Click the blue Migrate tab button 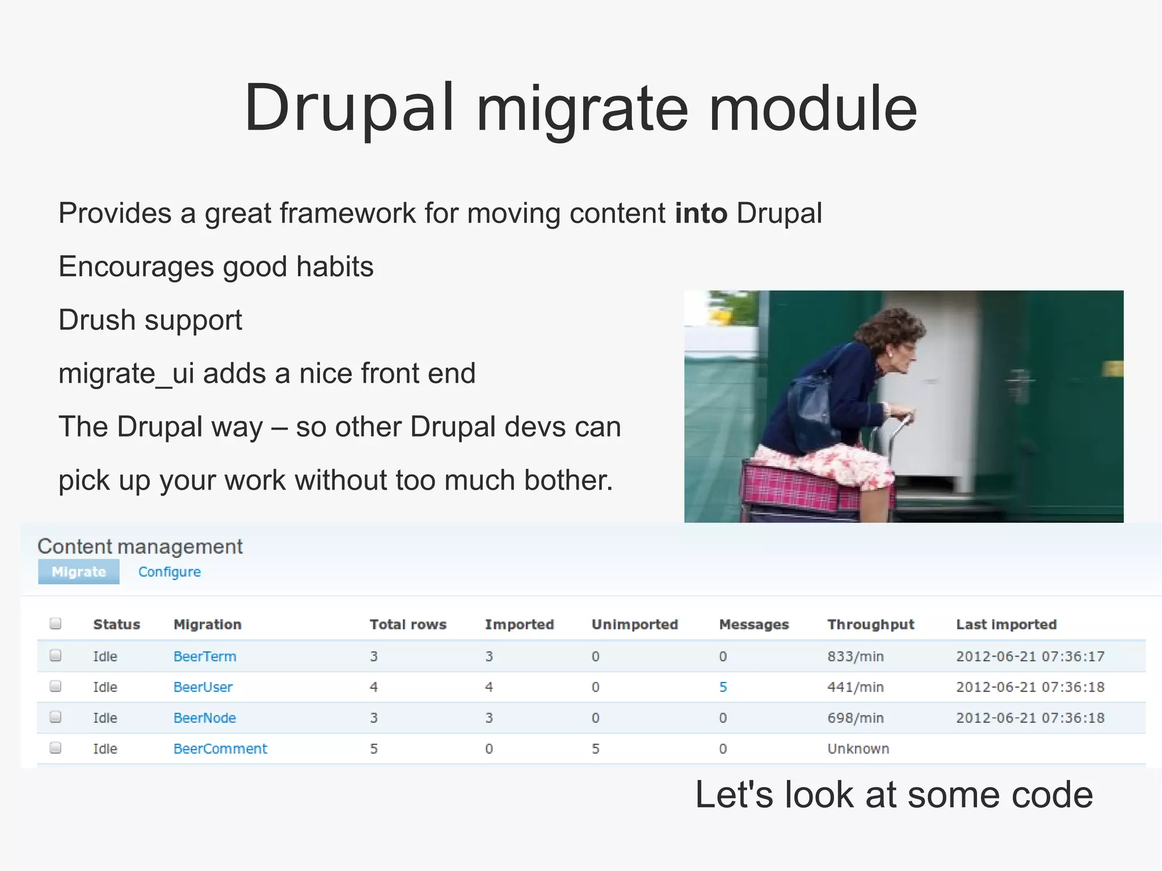point(78,571)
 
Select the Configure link point(169,571)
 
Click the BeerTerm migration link point(204,657)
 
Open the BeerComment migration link point(220,748)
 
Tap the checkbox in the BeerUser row point(56,687)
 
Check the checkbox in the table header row point(56,624)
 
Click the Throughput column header point(870,624)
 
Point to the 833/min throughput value point(855,657)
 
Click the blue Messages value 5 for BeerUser point(723,687)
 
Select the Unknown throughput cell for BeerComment point(858,748)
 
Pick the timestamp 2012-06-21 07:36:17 point(1030,657)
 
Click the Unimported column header point(634,624)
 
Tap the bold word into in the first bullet point(701,213)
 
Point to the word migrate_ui point(126,373)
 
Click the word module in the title point(812,108)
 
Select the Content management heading point(140,546)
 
